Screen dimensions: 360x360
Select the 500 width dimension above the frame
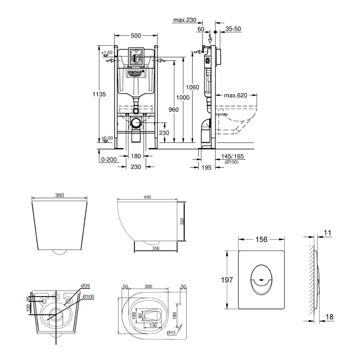pyautogui.click(x=136, y=35)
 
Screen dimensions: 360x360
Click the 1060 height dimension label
pyautogui.click(x=193, y=87)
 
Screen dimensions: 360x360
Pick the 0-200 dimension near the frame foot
pyautogui.click(x=108, y=159)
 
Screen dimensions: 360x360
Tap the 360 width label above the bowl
pyautogui.click(x=59, y=195)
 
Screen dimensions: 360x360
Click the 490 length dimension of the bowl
pyautogui.click(x=147, y=197)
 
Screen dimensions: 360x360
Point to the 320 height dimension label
pyautogui.click(x=182, y=221)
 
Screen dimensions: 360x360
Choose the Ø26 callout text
pyautogui.click(x=85, y=285)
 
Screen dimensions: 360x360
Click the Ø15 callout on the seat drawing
pyautogui.click(x=171, y=333)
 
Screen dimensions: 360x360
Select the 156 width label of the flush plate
pyautogui.click(x=262, y=239)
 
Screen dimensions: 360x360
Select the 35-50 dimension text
pyautogui.click(x=234, y=29)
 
